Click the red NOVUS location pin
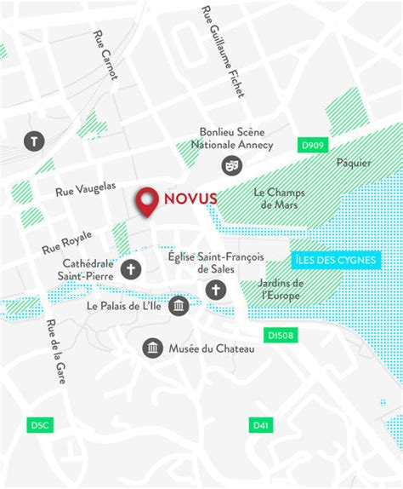click(x=149, y=201)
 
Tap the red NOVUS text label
click(x=190, y=198)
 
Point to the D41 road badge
click(x=260, y=424)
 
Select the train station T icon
click(x=34, y=141)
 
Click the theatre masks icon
click(x=230, y=164)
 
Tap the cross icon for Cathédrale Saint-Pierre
click(x=131, y=270)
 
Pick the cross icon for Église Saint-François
click(x=215, y=291)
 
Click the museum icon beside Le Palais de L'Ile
click(x=179, y=306)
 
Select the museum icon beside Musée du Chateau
click(x=152, y=348)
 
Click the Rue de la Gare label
click(x=57, y=351)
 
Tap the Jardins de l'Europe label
click(x=282, y=289)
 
